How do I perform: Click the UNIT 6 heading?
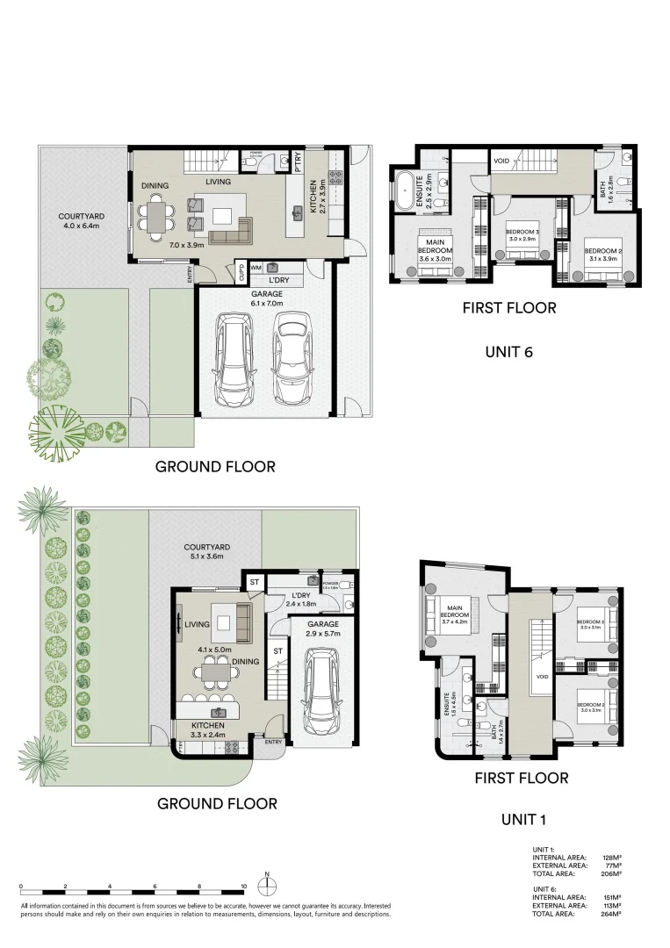click(x=509, y=352)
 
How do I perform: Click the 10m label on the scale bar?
click(x=243, y=887)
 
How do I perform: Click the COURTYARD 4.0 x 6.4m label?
click(x=83, y=222)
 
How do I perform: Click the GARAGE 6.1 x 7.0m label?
click(x=267, y=298)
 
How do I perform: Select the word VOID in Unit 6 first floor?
click(x=501, y=162)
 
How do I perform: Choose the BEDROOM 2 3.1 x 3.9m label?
click(x=602, y=255)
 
